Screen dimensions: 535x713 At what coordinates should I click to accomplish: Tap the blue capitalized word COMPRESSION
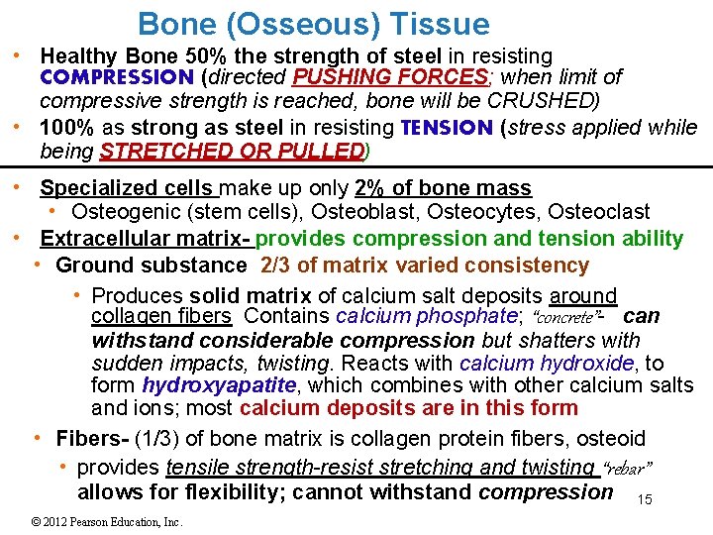117,77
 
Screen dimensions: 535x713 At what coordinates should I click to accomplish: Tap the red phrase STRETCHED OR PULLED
233,152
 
